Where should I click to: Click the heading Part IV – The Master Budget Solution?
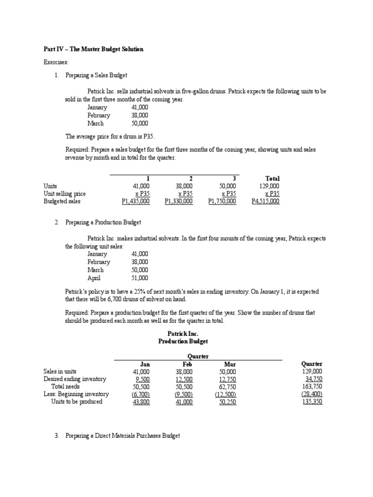click(x=91, y=50)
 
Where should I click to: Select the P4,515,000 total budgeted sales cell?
click(x=265, y=201)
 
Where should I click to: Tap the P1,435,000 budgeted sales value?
click(x=136, y=201)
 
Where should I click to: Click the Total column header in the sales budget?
click(x=272, y=179)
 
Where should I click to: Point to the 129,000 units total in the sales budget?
click(x=270, y=186)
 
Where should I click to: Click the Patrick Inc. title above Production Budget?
click(x=183, y=333)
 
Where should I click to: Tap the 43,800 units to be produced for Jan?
click(x=141, y=402)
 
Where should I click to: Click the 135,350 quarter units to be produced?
click(x=312, y=402)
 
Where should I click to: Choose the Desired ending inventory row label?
click(x=75, y=379)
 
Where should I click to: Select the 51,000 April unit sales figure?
click(x=140, y=278)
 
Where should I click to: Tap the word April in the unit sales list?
click(x=94, y=278)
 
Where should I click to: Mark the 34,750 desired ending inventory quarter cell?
click(x=313, y=379)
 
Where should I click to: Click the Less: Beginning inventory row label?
click(x=76, y=394)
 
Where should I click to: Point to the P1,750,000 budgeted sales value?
click(x=222, y=201)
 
